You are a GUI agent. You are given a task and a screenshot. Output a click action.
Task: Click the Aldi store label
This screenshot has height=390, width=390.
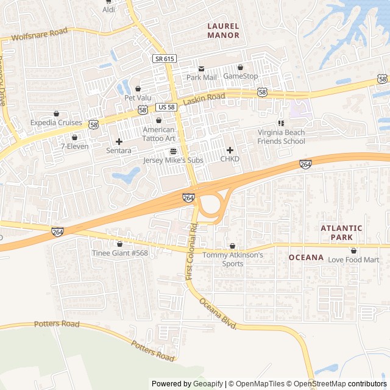point(108,10)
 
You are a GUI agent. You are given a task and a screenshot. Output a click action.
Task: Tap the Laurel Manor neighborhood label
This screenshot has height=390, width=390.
point(223,30)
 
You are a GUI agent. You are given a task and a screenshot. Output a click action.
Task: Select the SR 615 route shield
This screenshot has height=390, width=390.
point(164,58)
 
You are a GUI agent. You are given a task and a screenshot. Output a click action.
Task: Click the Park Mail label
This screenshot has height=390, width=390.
point(201,77)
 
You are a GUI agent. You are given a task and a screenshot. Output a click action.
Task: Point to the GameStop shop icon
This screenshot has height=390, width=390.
point(240,67)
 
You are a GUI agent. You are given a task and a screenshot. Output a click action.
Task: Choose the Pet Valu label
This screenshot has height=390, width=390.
point(138,97)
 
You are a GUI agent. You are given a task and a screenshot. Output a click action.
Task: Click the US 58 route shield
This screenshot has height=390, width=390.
point(166,107)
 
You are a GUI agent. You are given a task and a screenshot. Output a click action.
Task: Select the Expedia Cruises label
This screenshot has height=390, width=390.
point(56,122)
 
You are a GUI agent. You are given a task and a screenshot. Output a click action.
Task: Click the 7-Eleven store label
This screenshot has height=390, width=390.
point(74,146)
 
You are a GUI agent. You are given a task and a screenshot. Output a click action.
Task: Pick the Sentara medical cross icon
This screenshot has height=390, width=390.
point(119,141)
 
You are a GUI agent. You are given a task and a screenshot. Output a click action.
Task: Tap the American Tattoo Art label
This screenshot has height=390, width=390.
point(158,134)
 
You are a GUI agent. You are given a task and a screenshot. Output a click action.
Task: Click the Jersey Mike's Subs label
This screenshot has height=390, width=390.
point(173,160)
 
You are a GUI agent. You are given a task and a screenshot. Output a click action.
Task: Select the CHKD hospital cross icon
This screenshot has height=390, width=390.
point(230,150)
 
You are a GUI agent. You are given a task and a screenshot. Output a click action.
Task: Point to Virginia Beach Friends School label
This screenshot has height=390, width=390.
point(281,137)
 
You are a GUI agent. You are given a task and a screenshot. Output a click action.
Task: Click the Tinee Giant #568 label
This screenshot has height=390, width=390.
point(119,253)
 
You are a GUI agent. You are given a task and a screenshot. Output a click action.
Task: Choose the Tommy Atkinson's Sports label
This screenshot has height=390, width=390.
point(232,259)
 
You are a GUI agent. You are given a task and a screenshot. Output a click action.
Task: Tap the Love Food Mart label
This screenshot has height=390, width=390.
point(353,260)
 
